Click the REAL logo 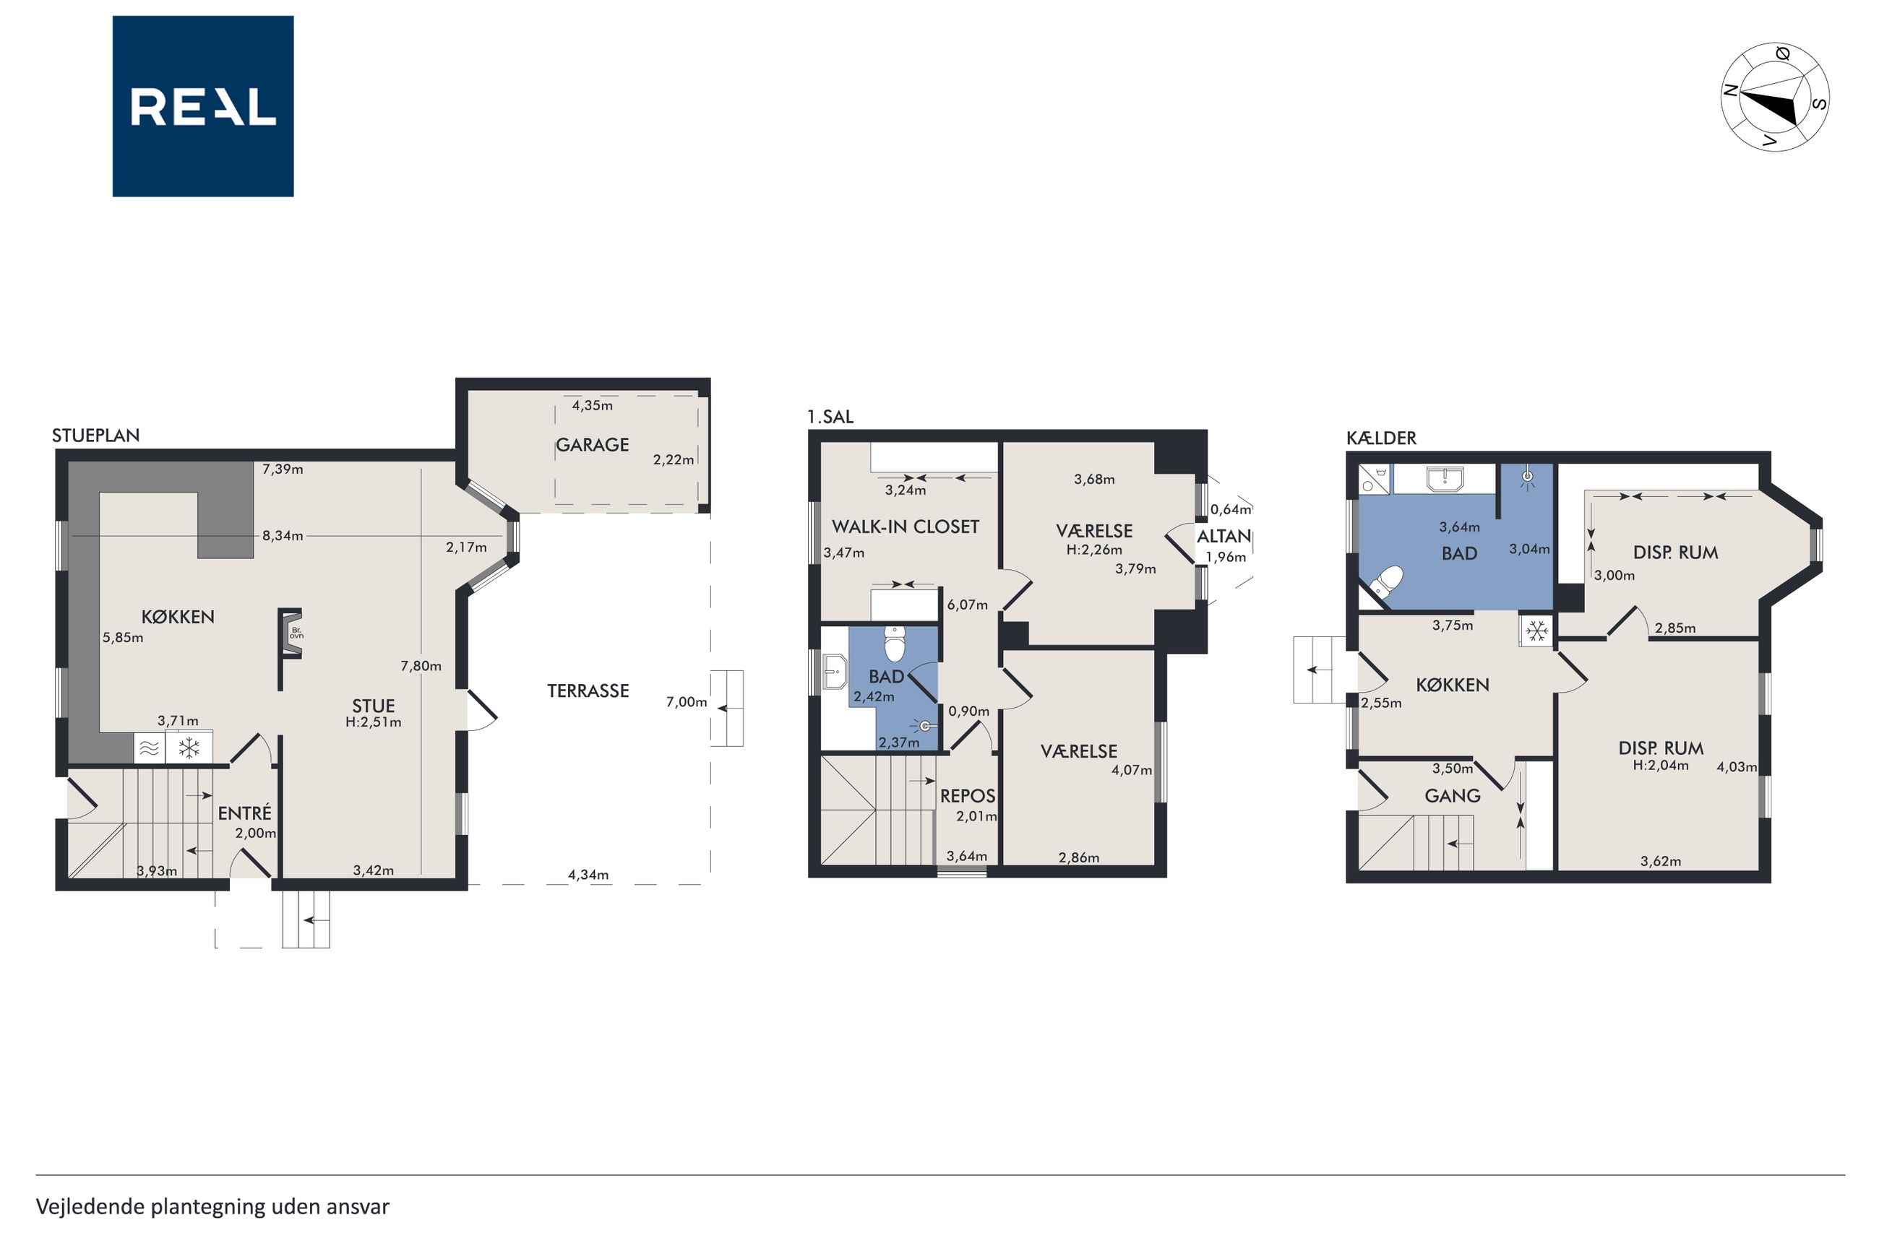203,106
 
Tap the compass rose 1773,97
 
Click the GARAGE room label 593,445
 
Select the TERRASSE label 588,691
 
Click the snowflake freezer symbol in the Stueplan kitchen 189,748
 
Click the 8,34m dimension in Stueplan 283,535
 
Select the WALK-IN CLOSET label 906,527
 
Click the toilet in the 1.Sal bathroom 895,644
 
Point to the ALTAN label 1224,537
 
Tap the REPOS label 968,795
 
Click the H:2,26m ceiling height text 1094,550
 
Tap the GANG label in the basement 1453,795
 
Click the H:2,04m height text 1660,765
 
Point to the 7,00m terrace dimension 687,702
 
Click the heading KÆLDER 1381,438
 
